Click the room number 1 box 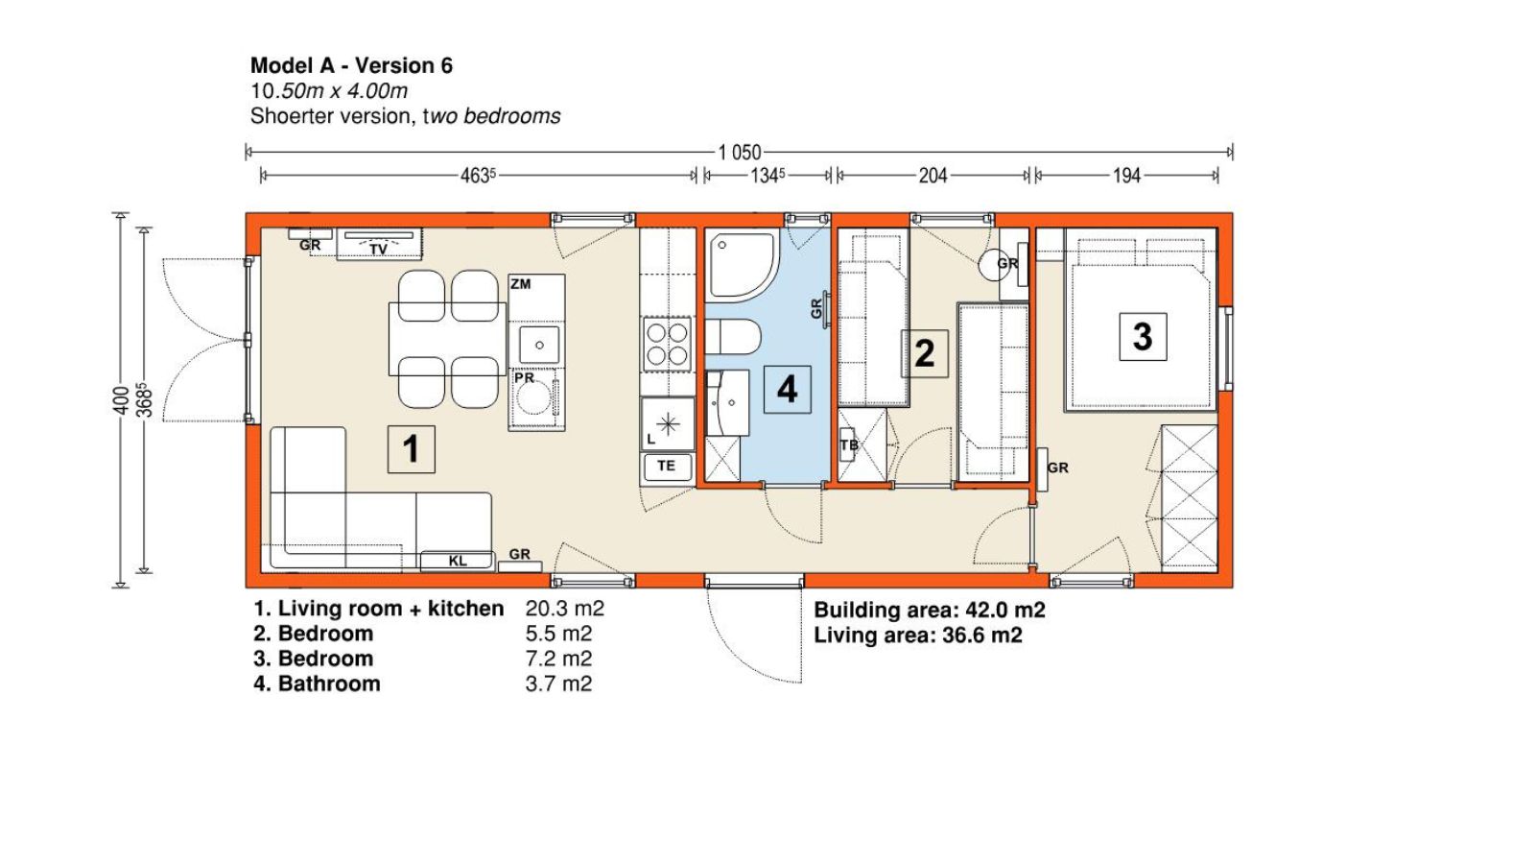pos(412,449)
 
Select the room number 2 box pos(925,354)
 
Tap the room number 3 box pos(1143,337)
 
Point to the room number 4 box pos(788,390)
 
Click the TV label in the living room pos(378,250)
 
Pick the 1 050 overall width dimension pos(740,153)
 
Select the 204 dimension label pos(933,177)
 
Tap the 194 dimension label pos(1126,177)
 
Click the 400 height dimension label pos(121,400)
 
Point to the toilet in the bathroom pos(733,337)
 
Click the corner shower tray pos(743,265)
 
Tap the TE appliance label pos(666,467)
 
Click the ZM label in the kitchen pos(520,284)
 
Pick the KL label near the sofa pos(457,561)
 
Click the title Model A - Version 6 pos(351,66)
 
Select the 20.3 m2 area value pos(565,609)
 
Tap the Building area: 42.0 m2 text pos(930,610)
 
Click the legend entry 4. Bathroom pos(317,684)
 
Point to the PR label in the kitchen pos(524,378)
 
